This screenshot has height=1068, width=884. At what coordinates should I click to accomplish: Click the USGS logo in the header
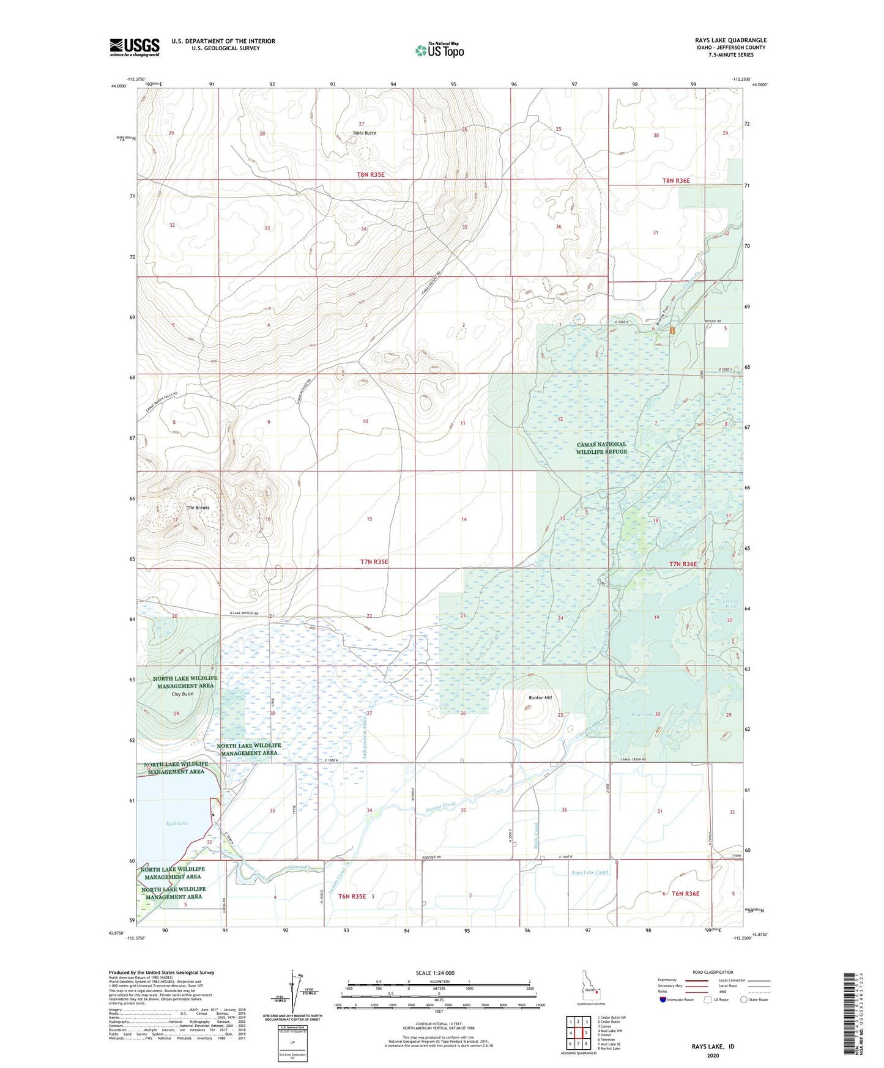(134, 47)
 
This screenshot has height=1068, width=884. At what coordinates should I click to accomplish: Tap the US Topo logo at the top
(439, 50)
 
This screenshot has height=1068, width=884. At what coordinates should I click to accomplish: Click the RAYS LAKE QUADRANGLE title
(730, 40)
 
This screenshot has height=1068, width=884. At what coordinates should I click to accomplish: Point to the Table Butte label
(364, 133)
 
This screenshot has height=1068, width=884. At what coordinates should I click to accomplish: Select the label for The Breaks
(198, 508)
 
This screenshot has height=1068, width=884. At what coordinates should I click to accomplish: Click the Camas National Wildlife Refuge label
(601, 448)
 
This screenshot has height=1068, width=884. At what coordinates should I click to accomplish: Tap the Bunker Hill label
(540, 697)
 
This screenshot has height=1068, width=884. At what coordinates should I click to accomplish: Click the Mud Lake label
(177, 823)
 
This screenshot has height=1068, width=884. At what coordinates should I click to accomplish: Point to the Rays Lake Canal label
(590, 872)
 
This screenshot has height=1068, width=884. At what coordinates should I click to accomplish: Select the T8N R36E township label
(675, 180)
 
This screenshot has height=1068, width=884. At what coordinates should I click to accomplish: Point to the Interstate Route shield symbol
(664, 1000)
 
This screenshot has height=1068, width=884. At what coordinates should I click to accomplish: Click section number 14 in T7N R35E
(464, 519)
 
